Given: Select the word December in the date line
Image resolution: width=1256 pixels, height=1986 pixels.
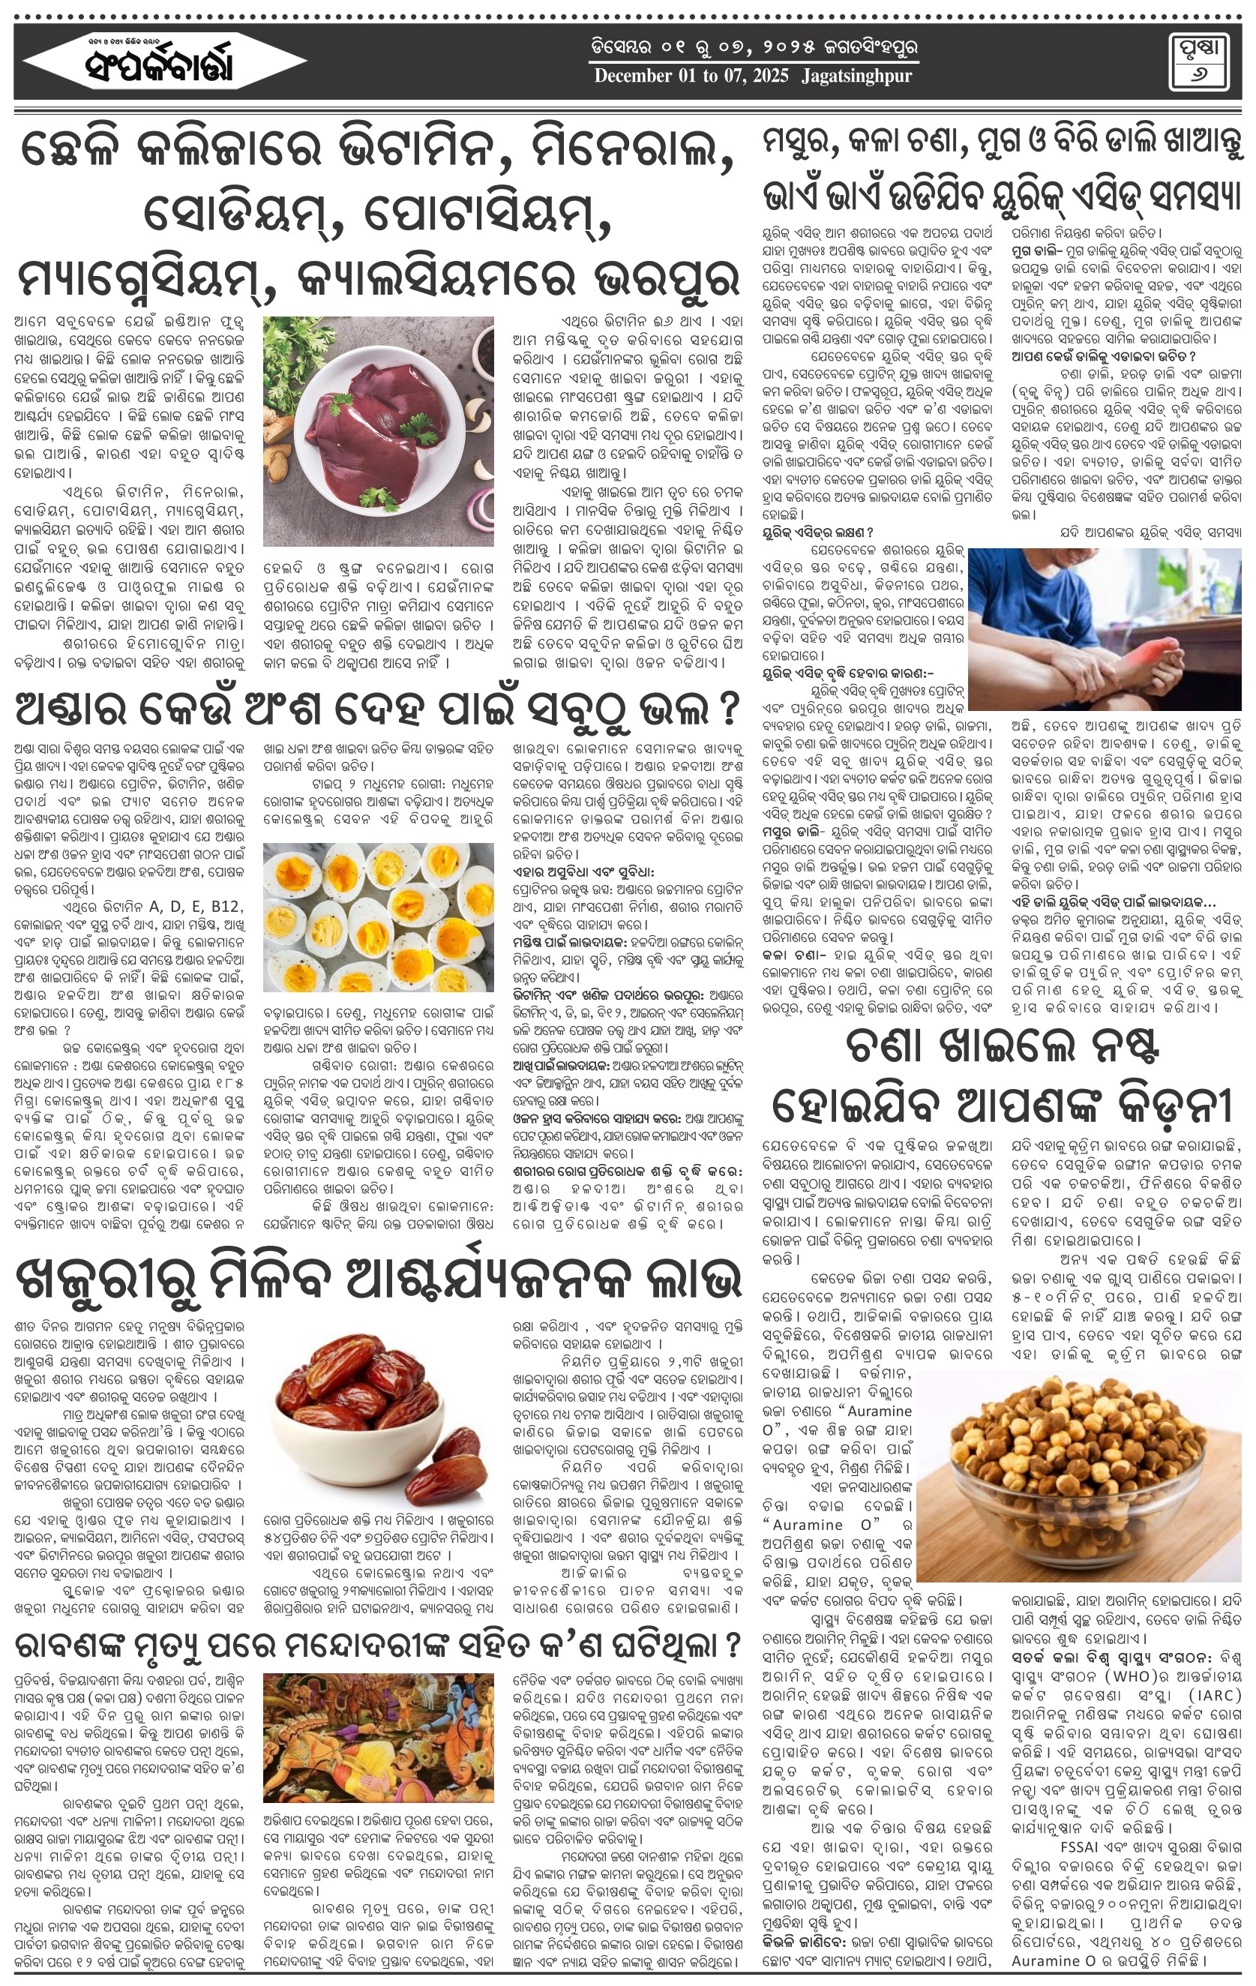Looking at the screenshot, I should tap(633, 76).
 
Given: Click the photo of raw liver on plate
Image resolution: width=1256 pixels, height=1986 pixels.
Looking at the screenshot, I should tap(378, 431).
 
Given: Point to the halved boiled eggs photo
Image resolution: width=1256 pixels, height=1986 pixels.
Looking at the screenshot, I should tap(378, 916).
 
